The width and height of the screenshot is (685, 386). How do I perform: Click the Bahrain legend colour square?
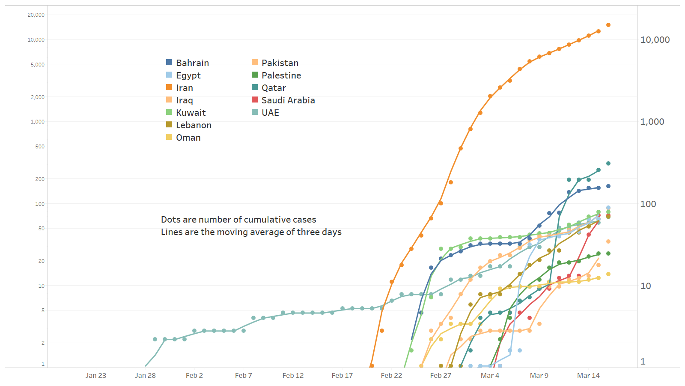click(x=169, y=63)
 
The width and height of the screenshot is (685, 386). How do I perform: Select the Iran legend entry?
click(x=184, y=88)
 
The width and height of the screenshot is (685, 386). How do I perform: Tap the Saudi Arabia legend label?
click(x=288, y=100)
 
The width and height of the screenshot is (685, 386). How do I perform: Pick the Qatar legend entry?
click(x=274, y=88)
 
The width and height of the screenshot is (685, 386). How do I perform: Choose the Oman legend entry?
click(x=188, y=138)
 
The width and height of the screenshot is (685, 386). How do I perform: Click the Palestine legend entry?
click(x=281, y=75)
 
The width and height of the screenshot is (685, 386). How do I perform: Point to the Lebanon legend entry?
click(x=194, y=125)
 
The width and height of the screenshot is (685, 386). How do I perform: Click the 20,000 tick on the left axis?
click(x=36, y=15)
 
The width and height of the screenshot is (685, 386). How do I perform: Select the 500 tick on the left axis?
click(x=40, y=147)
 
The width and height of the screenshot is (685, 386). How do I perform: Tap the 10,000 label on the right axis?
click(x=655, y=40)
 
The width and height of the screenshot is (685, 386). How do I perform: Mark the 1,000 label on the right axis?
click(x=652, y=122)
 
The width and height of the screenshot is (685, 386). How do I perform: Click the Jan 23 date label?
click(x=96, y=376)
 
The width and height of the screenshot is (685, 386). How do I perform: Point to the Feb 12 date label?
click(x=293, y=376)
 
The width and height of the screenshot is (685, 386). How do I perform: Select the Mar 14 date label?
click(x=588, y=376)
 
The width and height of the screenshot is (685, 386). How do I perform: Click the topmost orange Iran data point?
click(x=608, y=25)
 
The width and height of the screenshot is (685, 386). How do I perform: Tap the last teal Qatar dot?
click(x=608, y=163)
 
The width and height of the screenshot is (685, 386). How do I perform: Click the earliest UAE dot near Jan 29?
click(x=155, y=339)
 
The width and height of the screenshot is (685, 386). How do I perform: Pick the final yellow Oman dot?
click(x=608, y=274)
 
